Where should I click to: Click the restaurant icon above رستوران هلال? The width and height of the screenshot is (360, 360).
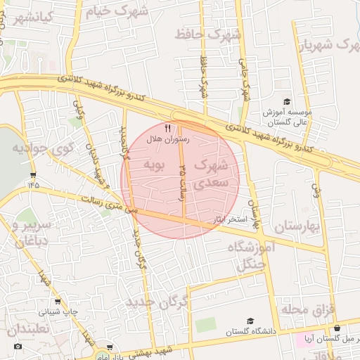[x=167, y=128]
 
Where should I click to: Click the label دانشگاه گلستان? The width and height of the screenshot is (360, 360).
[x=251, y=330]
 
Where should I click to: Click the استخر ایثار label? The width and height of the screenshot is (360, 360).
[x=231, y=220]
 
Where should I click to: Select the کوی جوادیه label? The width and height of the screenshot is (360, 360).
[x=39, y=149]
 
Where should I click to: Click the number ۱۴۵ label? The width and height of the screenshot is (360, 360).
[x=33, y=184]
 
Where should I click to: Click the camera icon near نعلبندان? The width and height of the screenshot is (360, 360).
[x=18, y=346]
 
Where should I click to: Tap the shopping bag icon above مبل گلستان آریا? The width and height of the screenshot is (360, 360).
[x=337, y=328]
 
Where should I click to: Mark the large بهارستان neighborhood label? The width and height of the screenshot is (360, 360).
[x=296, y=226]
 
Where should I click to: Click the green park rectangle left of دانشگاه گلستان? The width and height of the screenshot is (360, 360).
[x=205, y=325]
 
